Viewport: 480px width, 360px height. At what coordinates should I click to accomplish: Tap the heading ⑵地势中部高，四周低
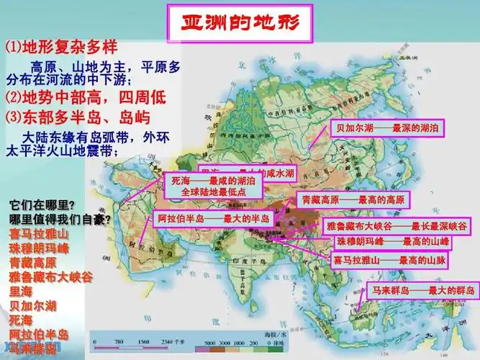[x=80, y=96]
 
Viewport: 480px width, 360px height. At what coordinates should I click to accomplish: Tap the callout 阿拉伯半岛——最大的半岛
[x=213, y=219]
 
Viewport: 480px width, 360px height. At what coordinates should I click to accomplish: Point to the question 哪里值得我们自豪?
[x=60, y=219]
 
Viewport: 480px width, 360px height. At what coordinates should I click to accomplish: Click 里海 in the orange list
[x=21, y=291]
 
